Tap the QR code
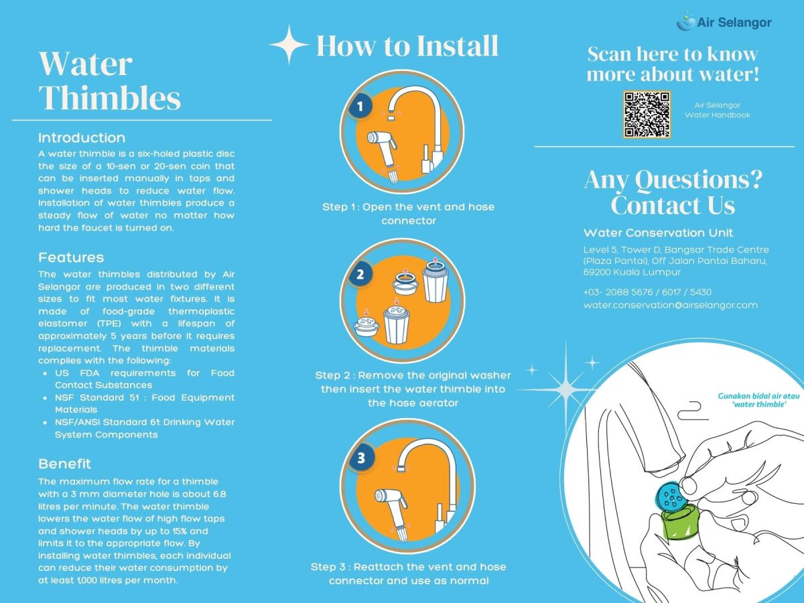click(x=647, y=115)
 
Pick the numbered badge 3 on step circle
click(x=361, y=458)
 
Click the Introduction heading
click(x=82, y=138)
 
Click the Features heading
click(x=71, y=257)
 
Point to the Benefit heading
click(x=64, y=464)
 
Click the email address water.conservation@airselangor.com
click(x=670, y=305)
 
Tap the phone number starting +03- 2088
click(x=647, y=292)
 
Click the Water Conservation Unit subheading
click(x=658, y=233)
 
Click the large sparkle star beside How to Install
click(x=289, y=45)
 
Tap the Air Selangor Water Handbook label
click(x=717, y=110)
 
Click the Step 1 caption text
click(x=408, y=214)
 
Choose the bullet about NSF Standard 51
click(x=144, y=403)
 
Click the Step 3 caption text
click(x=408, y=574)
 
